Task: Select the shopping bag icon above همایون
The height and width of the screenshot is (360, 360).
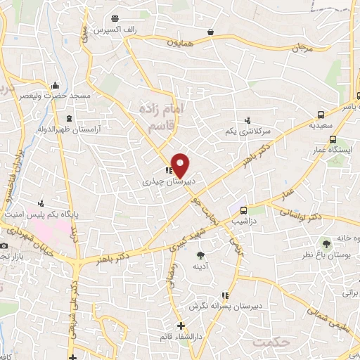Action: click(x=211, y=32)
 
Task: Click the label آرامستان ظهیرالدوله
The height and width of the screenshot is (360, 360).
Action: click(x=69, y=130)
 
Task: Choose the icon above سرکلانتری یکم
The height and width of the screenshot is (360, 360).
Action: click(x=247, y=120)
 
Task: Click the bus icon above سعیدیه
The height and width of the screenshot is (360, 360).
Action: click(x=321, y=115)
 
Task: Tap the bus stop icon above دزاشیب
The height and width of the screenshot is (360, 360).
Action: click(x=244, y=210)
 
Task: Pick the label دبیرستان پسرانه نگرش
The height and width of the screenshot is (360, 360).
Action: click(x=214, y=307)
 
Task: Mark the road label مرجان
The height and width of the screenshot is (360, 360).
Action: click(x=301, y=49)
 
